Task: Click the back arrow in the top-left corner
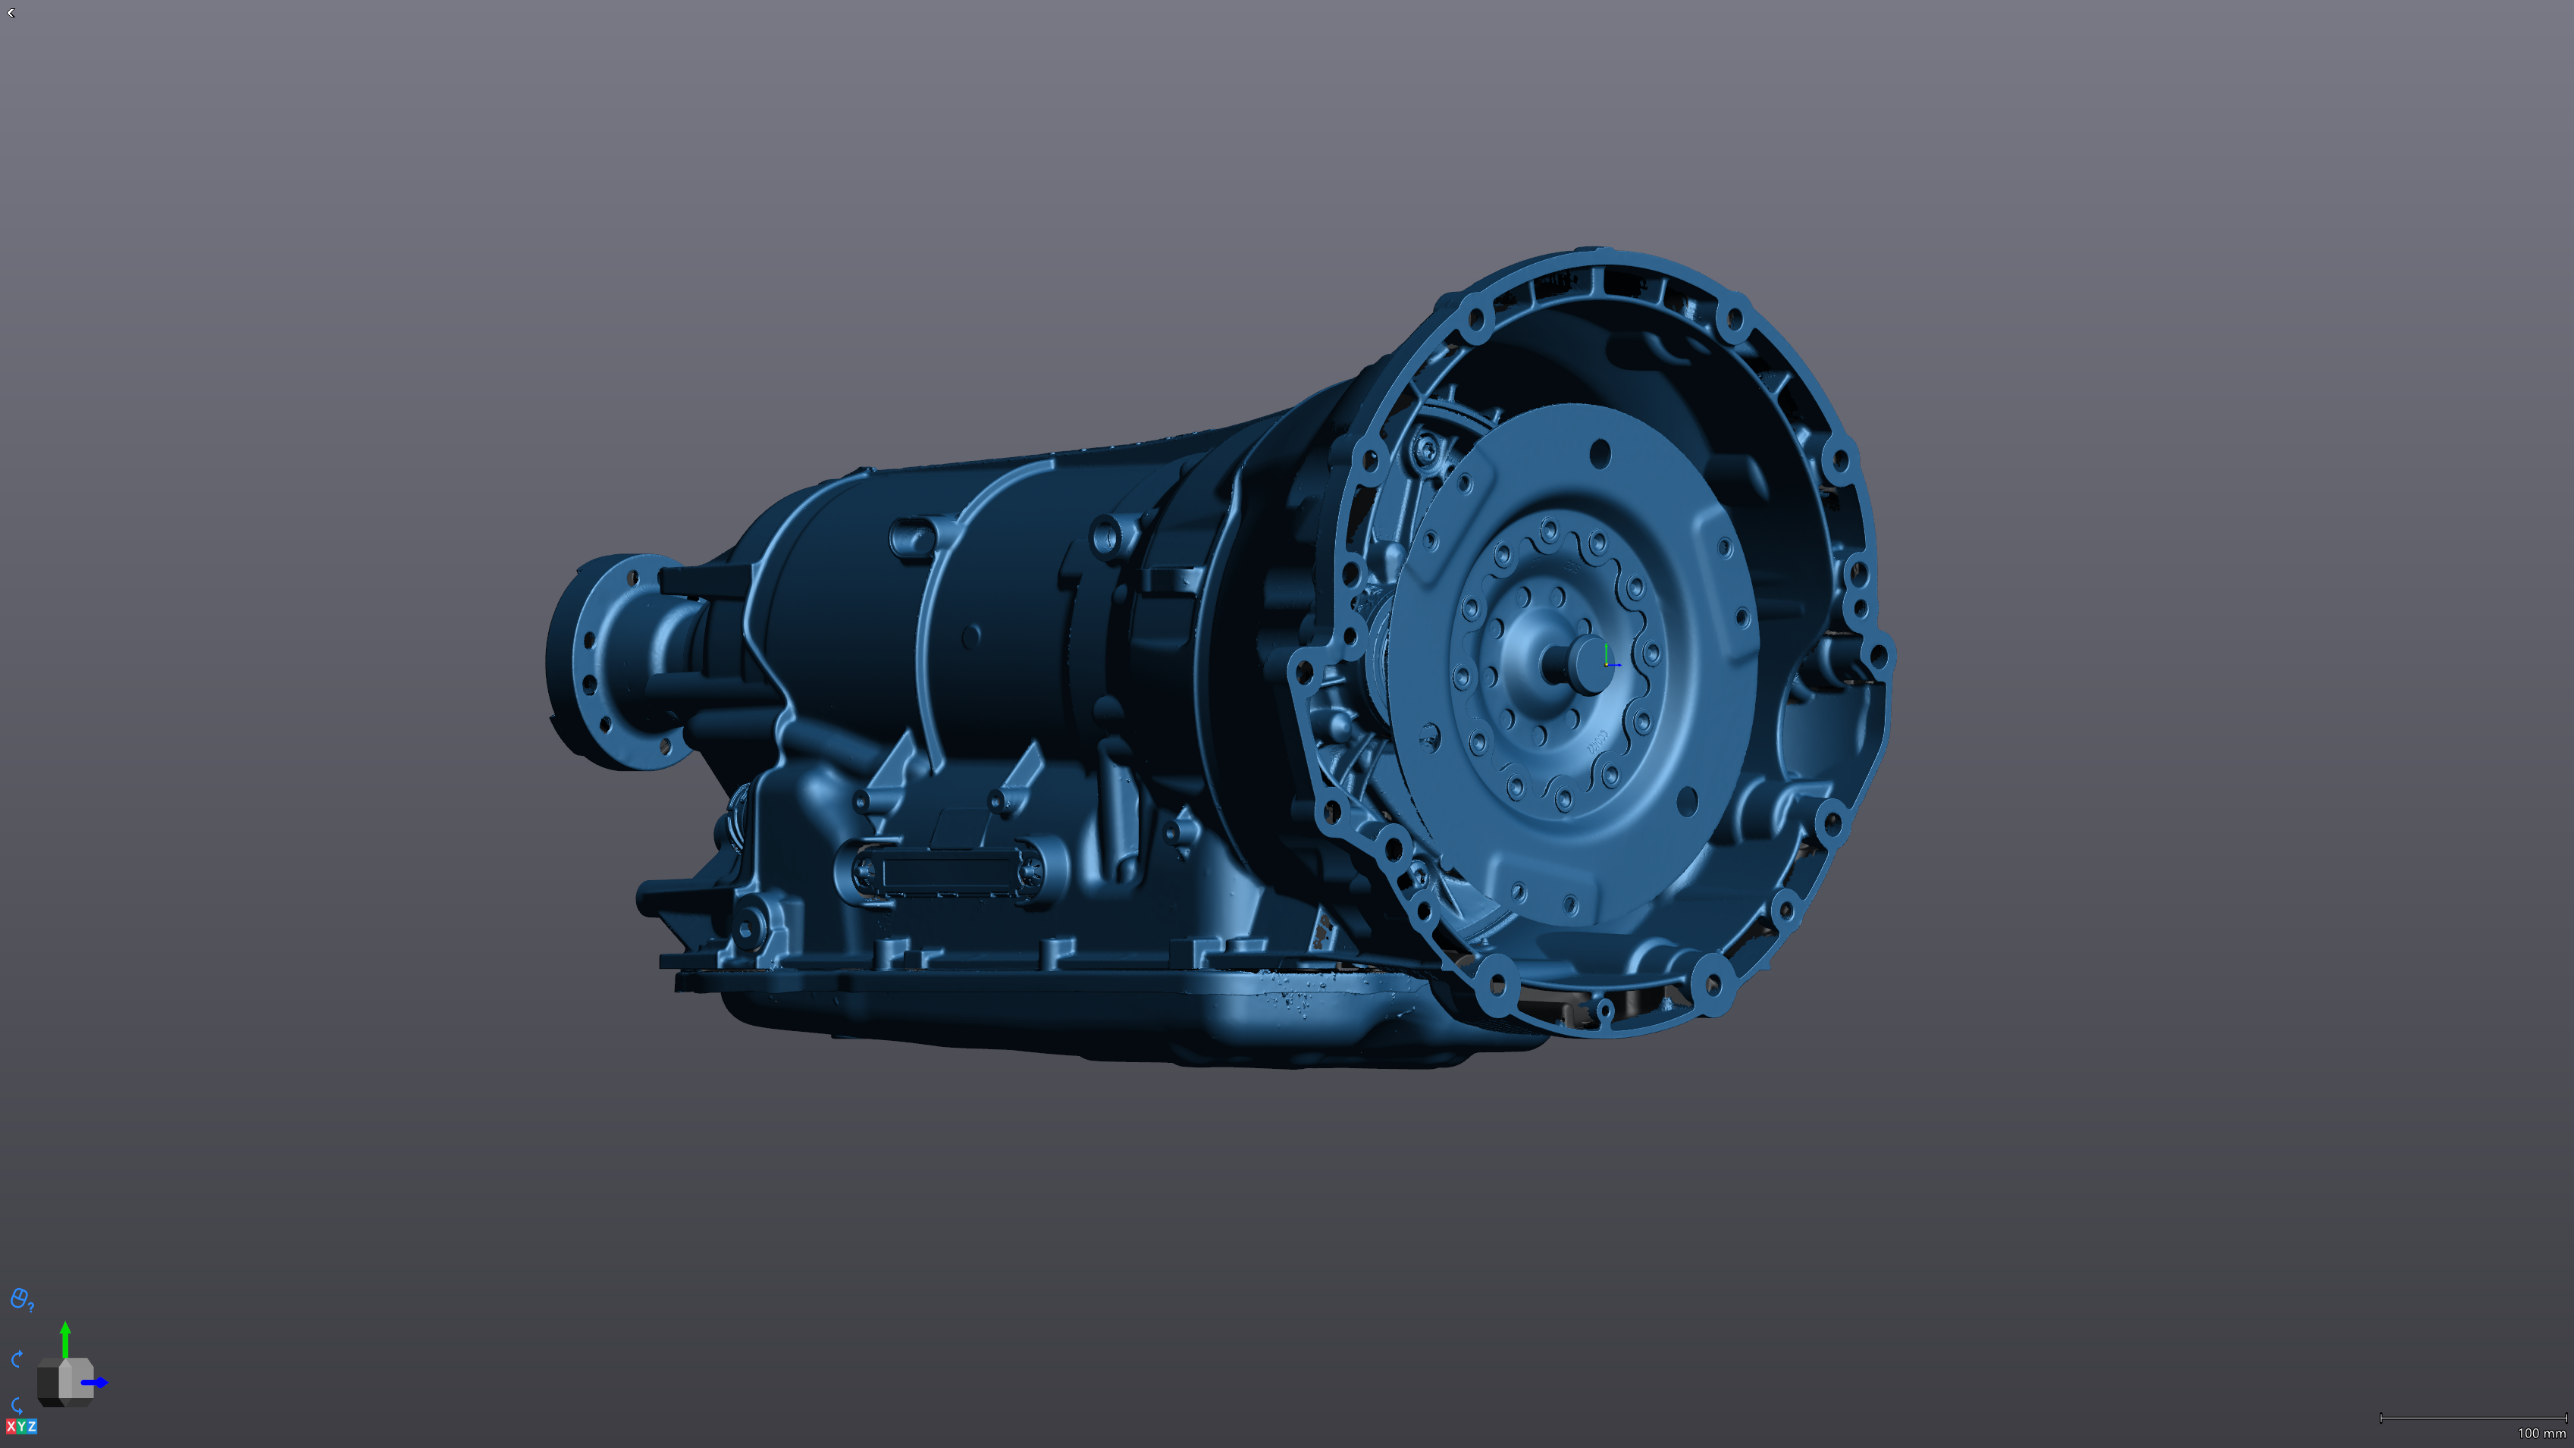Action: tap(11, 13)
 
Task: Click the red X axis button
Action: tap(11, 1426)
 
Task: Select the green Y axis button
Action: tap(22, 1426)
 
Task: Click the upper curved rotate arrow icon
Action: tap(17, 1359)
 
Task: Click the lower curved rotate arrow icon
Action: tap(17, 1404)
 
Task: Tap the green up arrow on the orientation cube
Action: tap(65, 1335)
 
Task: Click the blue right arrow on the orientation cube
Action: tap(97, 1383)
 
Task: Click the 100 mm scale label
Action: tap(2541, 1433)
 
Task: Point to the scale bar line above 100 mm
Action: tap(2473, 1417)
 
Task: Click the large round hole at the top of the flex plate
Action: tap(1600, 453)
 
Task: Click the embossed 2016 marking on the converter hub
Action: tap(1597, 741)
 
